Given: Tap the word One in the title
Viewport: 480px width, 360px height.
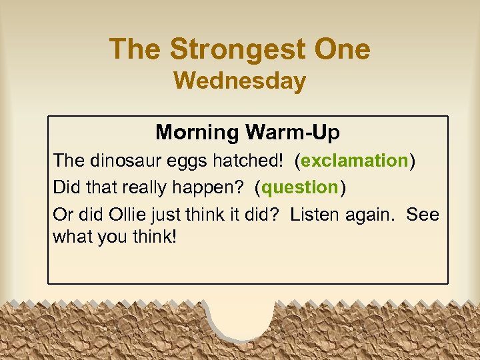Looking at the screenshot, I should (x=342, y=49).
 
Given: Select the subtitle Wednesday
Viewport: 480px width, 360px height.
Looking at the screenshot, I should (x=240, y=81).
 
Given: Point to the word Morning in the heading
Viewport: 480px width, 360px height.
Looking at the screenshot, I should (x=197, y=133).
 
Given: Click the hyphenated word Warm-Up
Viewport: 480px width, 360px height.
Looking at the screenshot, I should (x=293, y=133).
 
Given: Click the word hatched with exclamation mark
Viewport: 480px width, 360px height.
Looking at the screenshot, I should (x=252, y=161).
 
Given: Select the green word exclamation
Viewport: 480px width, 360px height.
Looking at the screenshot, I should (x=354, y=161).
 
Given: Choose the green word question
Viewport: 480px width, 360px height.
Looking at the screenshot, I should (x=300, y=187).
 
